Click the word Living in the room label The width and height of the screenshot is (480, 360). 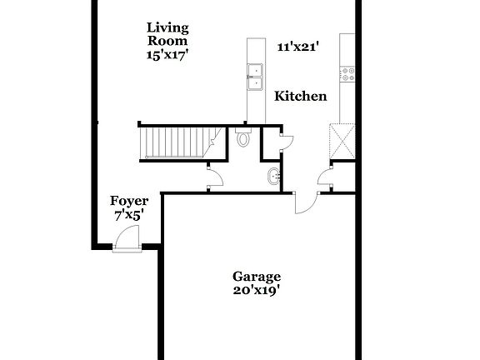(x=167, y=27)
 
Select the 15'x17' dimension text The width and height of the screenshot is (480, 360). (x=167, y=53)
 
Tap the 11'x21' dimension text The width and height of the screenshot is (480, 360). (x=296, y=47)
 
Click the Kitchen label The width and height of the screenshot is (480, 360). (x=300, y=97)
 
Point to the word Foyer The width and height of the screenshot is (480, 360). (x=129, y=201)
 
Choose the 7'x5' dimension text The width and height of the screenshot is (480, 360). (x=129, y=214)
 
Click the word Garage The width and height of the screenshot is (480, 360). (x=256, y=277)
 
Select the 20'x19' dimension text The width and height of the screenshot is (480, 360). (x=256, y=291)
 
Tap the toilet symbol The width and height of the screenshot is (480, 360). (x=243, y=139)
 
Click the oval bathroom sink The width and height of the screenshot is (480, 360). (x=274, y=176)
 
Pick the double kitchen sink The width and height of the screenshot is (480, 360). (x=253, y=76)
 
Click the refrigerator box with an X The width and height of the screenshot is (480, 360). (x=342, y=140)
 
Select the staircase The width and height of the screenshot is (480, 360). (x=177, y=142)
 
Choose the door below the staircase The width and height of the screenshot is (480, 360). (x=214, y=175)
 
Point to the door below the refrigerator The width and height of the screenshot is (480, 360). (x=326, y=175)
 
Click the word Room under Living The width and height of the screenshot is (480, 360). (x=167, y=40)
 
